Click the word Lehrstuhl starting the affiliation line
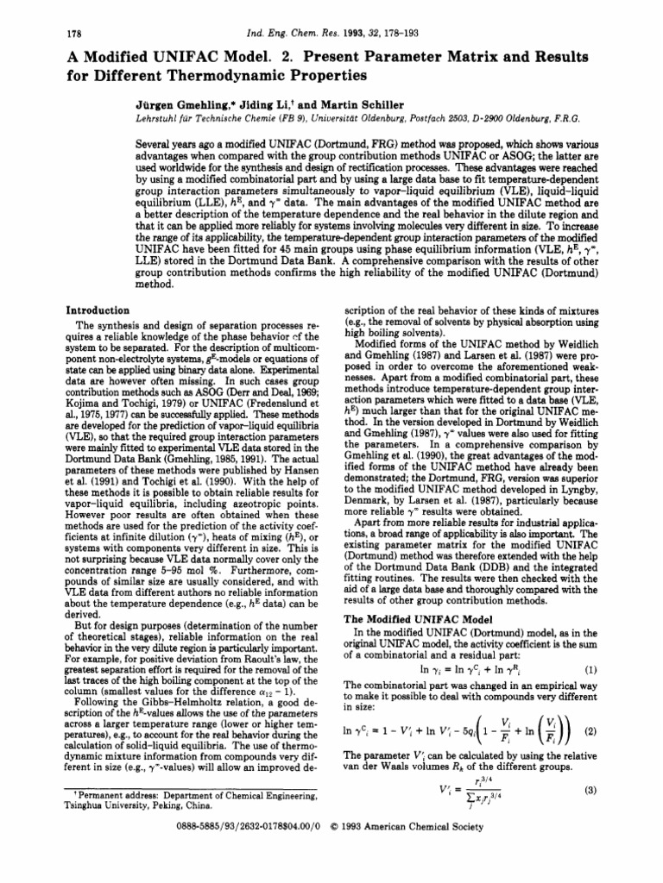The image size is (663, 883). tap(158, 116)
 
